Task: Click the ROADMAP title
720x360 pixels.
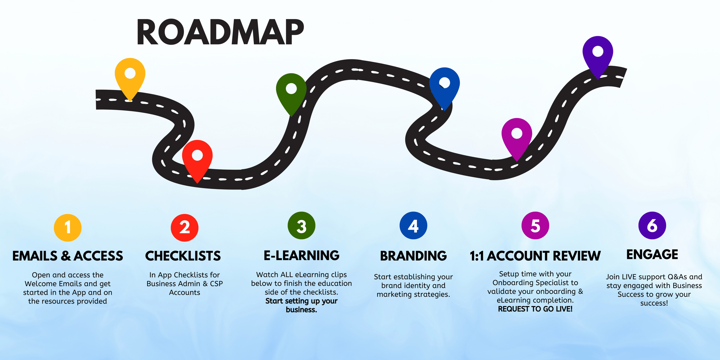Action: pyautogui.click(x=220, y=32)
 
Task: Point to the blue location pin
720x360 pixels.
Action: pyautogui.click(x=445, y=84)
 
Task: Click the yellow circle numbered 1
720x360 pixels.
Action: pyautogui.click(x=68, y=228)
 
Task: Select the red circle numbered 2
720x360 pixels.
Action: pyautogui.click(x=185, y=228)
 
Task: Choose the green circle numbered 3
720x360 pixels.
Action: pyautogui.click(x=302, y=226)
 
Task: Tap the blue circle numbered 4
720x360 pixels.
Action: pyautogui.click(x=413, y=226)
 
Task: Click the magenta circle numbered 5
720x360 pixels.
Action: pyautogui.click(x=535, y=226)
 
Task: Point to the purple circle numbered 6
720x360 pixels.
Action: pyautogui.click(x=652, y=226)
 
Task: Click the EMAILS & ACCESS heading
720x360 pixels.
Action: pyautogui.click(x=68, y=256)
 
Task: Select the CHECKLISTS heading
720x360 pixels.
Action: pyautogui.click(x=183, y=256)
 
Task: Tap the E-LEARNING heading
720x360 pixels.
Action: pyautogui.click(x=302, y=256)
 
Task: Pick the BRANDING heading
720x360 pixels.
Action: pyautogui.click(x=413, y=256)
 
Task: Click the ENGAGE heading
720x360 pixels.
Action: pyautogui.click(x=652, y=255)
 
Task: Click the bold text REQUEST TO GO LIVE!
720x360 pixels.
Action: pyautogui.click(x=535, y=309)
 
